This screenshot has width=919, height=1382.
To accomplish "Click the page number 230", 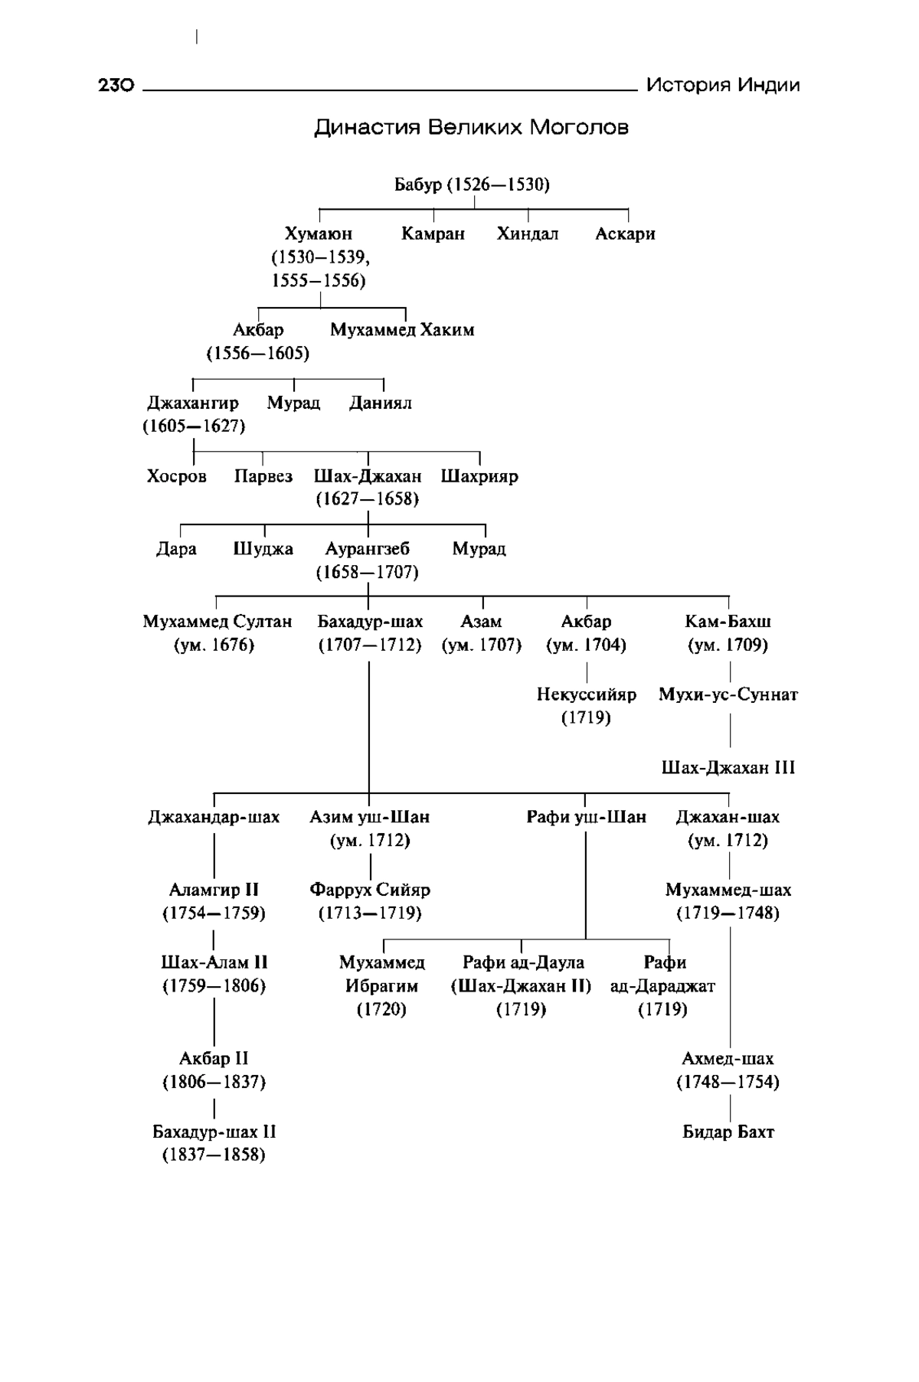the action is (116, 85).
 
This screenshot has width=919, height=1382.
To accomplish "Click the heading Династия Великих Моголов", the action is (471, 127).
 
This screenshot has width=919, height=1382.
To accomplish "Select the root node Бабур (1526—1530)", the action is (472, 185).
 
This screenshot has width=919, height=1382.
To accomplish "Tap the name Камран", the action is (433, 234).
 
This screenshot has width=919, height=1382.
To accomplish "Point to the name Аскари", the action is (625, 234).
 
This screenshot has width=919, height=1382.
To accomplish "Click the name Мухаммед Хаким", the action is (402, 330).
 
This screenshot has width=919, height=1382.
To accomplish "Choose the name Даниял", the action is (381, 403).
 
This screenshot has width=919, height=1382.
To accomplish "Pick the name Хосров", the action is (177, 476).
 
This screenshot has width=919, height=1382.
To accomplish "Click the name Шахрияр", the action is (479, 476).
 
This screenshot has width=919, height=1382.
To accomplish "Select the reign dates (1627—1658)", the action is (368, 499).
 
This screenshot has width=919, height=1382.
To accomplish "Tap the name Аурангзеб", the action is (368, 549).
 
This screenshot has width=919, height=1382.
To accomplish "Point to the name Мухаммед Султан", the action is (217, 622).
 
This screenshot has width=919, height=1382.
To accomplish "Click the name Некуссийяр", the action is (587, 694).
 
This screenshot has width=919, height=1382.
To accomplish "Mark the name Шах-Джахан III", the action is (728, 767).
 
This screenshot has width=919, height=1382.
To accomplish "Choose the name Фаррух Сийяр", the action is (370, 890).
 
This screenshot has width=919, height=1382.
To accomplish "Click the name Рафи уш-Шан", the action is (587, 817).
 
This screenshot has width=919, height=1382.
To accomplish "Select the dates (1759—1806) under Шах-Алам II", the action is (214, 986).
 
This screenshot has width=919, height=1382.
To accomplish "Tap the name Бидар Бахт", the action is (728, 1132).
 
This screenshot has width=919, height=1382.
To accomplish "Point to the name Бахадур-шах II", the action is (214, 1132).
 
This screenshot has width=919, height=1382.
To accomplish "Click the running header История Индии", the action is (723, 85).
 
